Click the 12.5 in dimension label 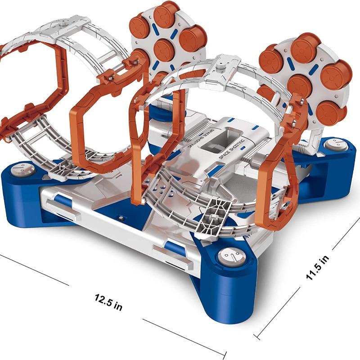coord(108,302)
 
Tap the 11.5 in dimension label coord(318,267)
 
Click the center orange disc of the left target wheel coord(164,50)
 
